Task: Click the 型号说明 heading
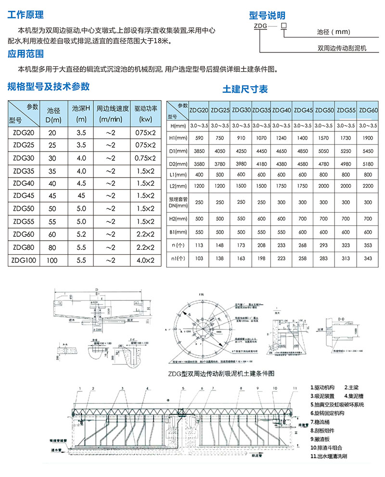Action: pyautogui.click(x=267, y=16)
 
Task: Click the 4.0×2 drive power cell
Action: pyautogui.click(x=145, y=260)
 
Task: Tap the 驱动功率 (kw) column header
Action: pyautogui.click(x=145, y=113)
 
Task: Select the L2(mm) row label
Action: pyautogui.click(x=177, y=186)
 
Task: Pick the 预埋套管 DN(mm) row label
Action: pyautogui.click(x=177, y=203)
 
